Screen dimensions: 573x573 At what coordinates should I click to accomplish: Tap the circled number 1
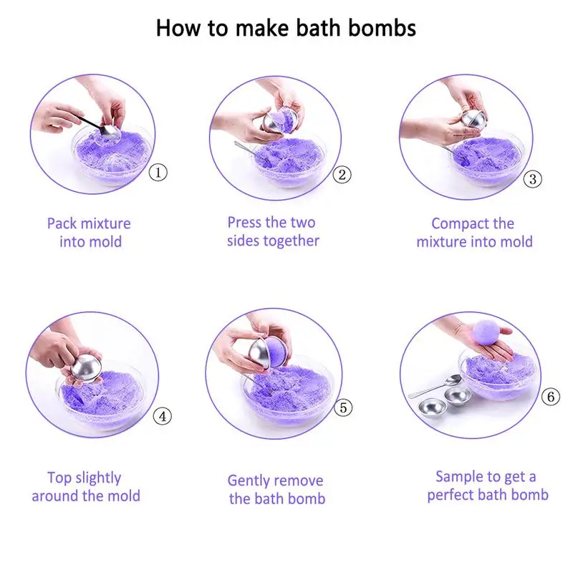tap(158, 172)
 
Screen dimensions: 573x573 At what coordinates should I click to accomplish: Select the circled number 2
tap(342, 175)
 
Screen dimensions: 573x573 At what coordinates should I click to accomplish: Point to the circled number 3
tap(532, 179)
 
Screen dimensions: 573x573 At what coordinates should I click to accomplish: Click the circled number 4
tap(163, 416)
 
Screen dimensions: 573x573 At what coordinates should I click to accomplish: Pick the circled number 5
tap(343, 408)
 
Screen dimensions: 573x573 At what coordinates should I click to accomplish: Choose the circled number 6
tap(550, 397)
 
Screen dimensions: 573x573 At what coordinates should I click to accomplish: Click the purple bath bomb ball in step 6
tap(488, 332)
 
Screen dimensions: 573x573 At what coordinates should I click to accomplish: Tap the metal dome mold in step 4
tap(87, 367)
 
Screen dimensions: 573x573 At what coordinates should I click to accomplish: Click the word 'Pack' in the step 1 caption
tap(62, 223)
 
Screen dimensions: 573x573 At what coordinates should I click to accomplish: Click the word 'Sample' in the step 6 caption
tap(458, 477)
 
